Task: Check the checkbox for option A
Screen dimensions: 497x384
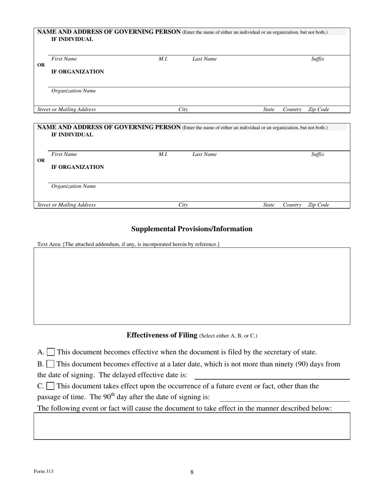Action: point(51,352)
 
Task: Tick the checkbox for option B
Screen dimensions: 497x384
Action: point(51,364)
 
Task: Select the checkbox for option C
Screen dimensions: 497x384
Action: point(51,386)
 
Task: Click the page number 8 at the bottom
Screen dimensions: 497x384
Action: point(192,472)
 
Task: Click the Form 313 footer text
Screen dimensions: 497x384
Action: point(44,471)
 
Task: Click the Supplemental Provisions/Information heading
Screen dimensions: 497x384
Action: point(192,229)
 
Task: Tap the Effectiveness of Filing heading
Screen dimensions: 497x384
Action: point(192,335)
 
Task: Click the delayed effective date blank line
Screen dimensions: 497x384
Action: point(272,375)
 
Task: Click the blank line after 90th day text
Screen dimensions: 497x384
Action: point(285,398)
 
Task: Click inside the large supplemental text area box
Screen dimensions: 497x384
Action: point(192,286)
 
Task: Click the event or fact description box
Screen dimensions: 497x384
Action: point(192,426)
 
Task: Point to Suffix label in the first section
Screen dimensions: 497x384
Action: point(318,59)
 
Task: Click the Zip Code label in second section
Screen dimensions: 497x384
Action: point(319,205)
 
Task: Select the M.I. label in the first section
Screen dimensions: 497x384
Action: point(163,59)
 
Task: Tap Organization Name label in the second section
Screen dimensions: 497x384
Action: point(74,186)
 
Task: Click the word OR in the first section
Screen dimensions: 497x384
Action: point(41,65)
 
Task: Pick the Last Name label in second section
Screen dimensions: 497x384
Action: point(205,154)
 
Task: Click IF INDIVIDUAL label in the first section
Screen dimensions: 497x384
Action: point(72,39)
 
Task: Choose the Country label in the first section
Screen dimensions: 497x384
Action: point(292,110)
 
